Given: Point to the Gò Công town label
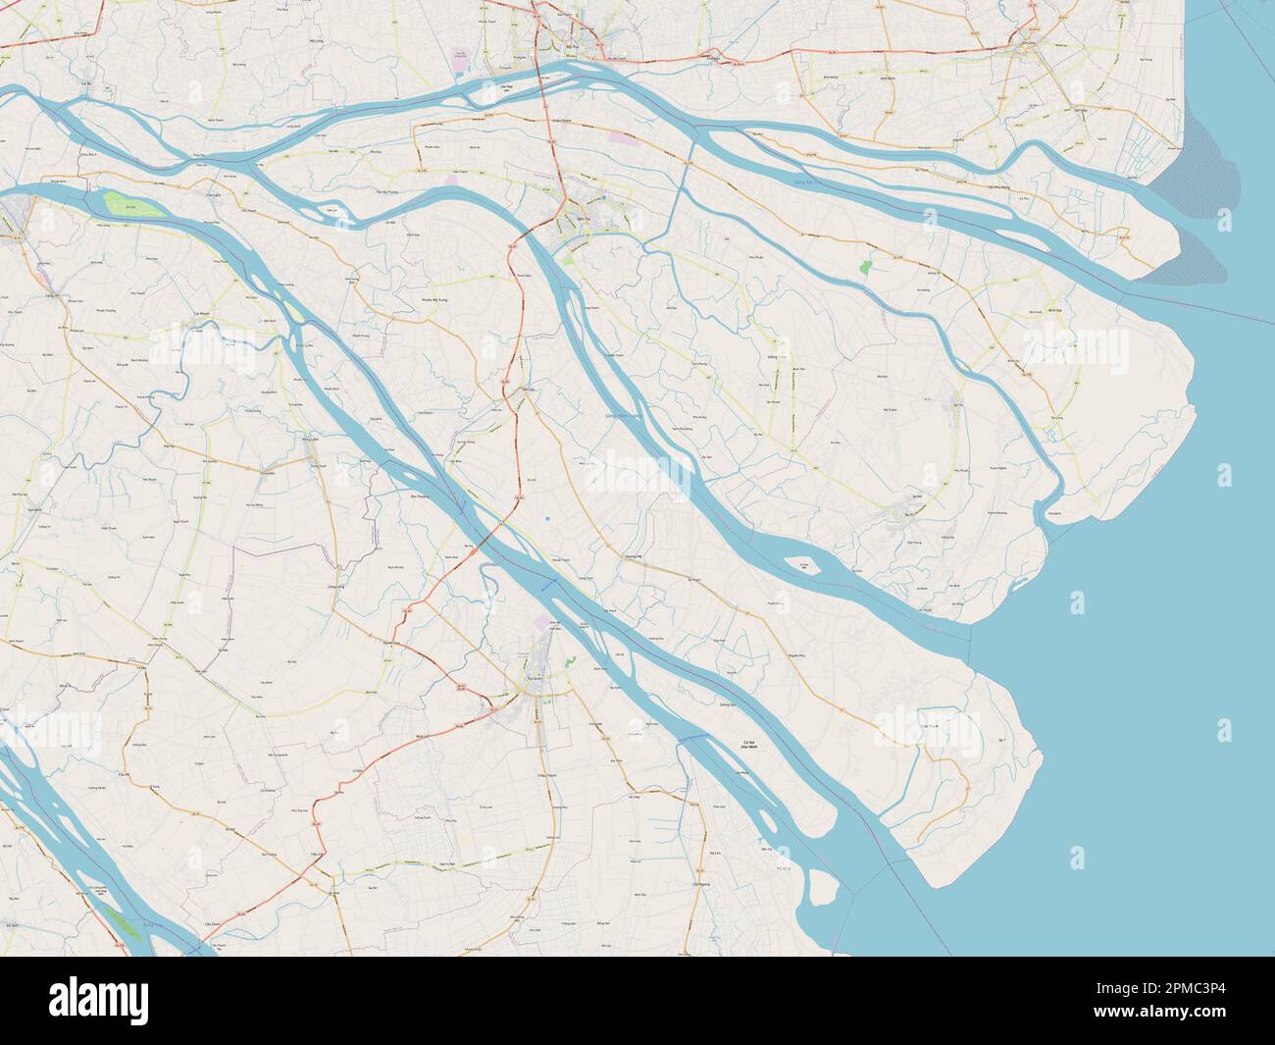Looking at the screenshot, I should tap(1028, 44).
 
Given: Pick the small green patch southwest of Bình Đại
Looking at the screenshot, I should tap(865, 266).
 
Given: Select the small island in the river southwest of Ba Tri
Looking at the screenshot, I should tap(804, 567).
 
